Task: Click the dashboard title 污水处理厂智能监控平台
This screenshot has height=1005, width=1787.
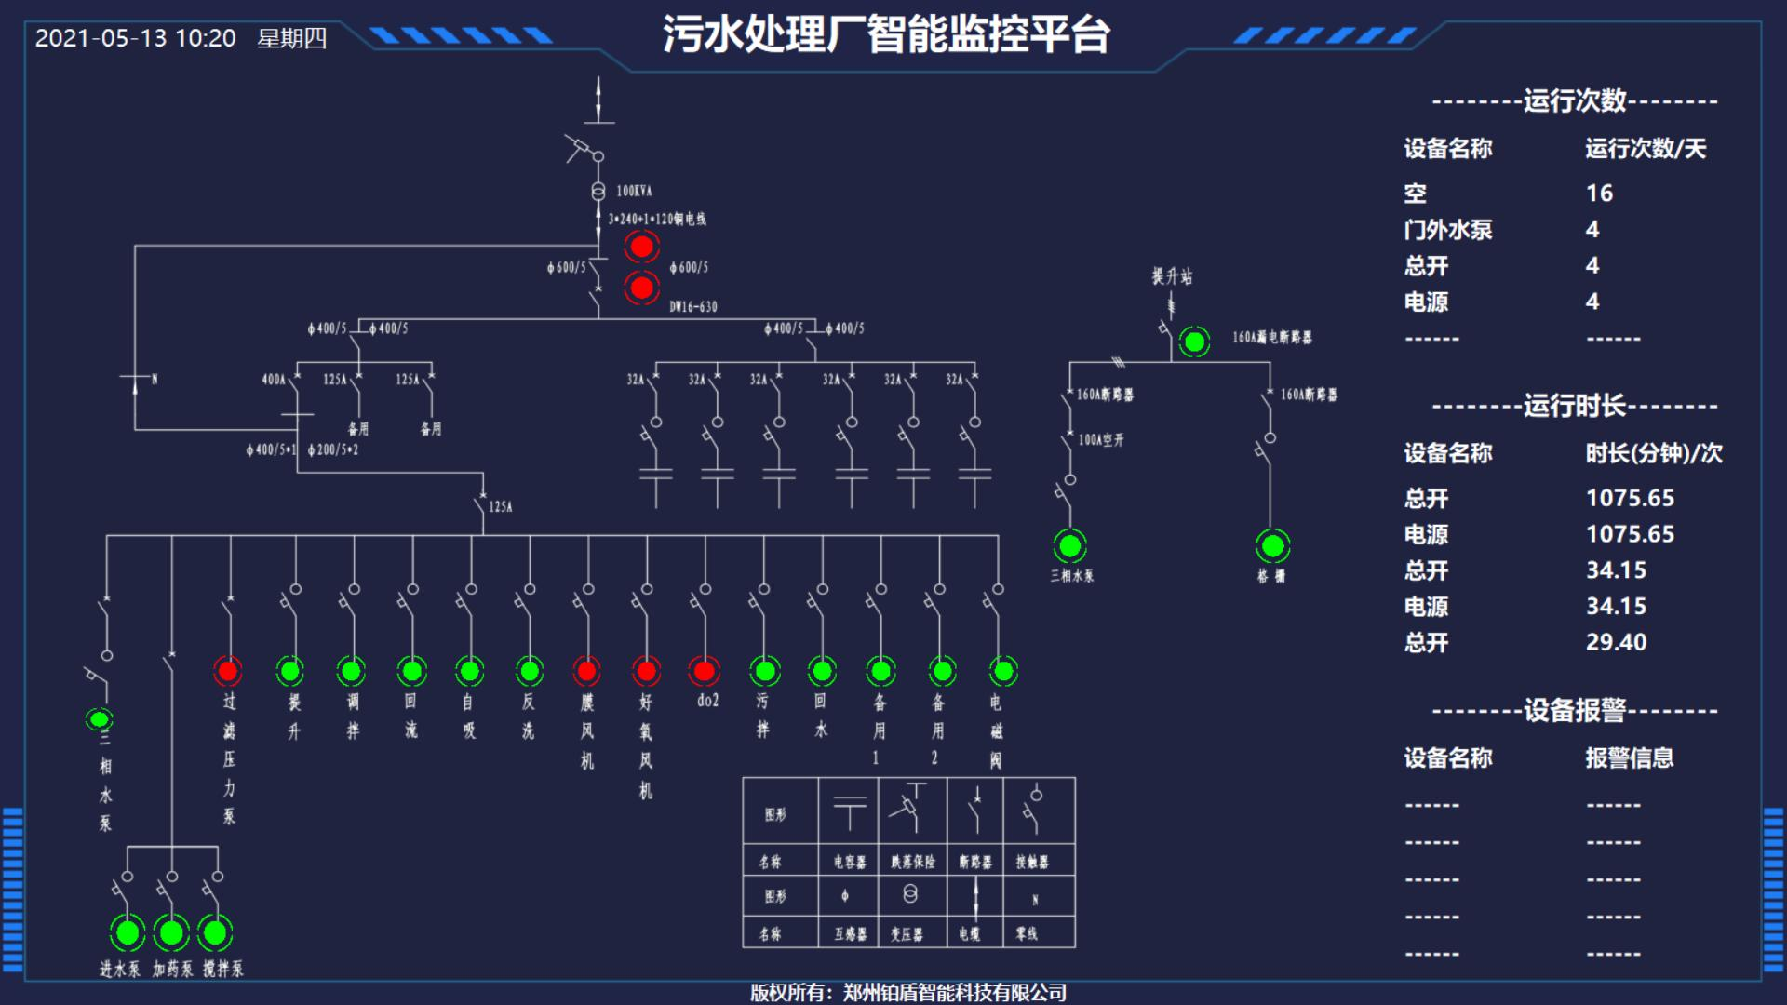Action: (885, 35)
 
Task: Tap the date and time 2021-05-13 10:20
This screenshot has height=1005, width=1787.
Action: (136, 38)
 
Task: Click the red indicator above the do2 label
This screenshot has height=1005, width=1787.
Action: (705, 671)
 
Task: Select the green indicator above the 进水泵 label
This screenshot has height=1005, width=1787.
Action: (128, 931)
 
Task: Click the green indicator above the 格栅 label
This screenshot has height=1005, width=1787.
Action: (1272, 546)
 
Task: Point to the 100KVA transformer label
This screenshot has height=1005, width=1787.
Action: (634, 192)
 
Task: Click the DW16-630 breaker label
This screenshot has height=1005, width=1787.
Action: (693, 306)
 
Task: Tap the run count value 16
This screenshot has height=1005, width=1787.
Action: (1599, 194)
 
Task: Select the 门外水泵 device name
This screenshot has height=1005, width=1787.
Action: (1447, 230)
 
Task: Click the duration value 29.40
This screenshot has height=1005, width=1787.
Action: (1616, 642)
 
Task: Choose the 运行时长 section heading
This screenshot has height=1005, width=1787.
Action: (1574, 406)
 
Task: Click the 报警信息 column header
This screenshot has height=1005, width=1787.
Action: (1629, 758)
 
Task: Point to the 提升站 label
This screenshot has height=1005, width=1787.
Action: (1172, 276)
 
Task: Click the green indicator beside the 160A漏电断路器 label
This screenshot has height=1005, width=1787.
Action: (1194, 342)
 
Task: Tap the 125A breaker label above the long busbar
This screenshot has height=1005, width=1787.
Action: (501, 507)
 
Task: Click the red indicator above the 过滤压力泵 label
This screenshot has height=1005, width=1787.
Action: (228, 671)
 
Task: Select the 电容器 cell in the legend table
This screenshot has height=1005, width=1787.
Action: (849, 863)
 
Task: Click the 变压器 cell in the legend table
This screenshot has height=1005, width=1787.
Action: (907, 933)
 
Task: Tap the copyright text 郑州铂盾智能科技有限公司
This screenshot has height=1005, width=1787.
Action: (954, 993)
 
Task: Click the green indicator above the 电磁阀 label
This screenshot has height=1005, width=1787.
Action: (1002, 671)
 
